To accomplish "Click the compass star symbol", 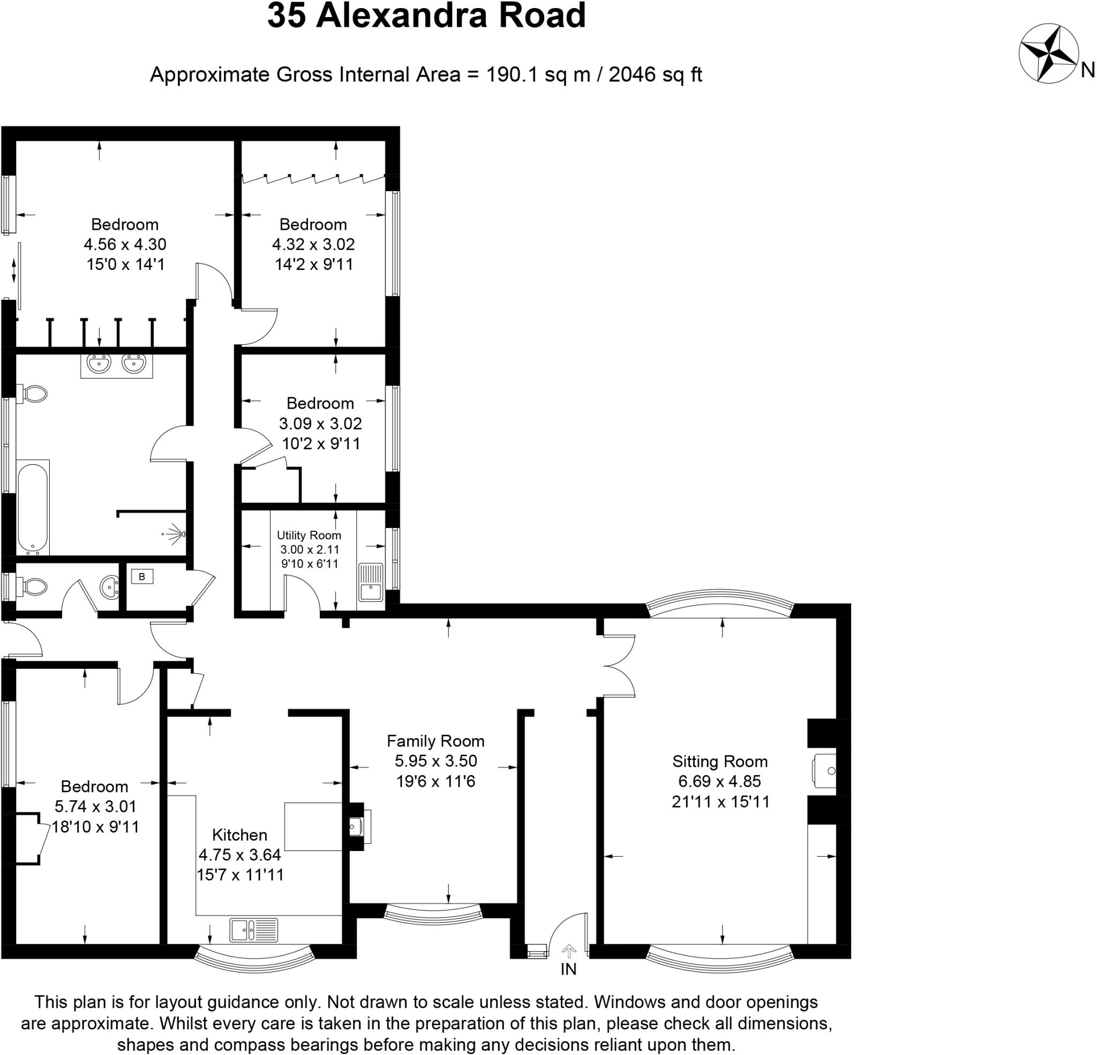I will point(1048,54).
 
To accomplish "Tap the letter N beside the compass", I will point(1087,70).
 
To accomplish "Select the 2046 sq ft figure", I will point(655,74).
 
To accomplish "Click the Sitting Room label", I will point(719,761).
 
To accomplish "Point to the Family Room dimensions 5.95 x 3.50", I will point(435,761).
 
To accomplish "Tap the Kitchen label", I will point(239,835).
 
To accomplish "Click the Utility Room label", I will point(309,536).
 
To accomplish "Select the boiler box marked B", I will point(142,576).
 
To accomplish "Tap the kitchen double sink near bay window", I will point(253,930).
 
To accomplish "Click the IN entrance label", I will point(568,969).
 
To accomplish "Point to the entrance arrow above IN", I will point(569,951).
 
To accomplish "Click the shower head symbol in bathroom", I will point(176,534).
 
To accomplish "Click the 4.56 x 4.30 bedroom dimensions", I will point(125,245).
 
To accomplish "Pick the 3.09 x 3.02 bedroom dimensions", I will point(320,424).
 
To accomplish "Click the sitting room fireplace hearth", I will point(824,771).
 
